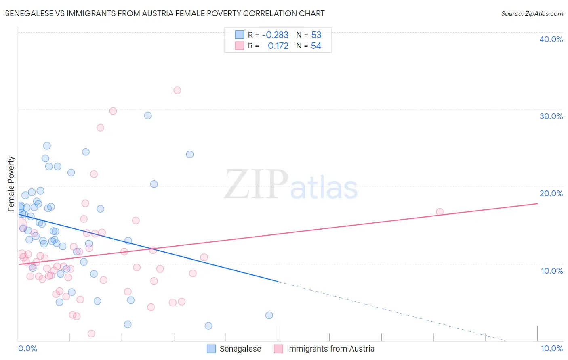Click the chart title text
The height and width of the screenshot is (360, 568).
165,13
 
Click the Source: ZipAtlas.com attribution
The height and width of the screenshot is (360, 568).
532,14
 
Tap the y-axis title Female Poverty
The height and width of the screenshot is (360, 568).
11,184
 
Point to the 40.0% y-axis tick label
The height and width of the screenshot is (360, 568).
551,39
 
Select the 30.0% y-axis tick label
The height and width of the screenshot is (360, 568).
551,116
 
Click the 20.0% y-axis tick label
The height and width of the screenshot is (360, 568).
551,193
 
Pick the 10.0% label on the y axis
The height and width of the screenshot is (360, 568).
552,271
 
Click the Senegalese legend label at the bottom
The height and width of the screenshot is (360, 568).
240,349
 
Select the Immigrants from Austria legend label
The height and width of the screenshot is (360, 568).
330,349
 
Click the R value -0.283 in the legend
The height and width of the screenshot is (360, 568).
275,35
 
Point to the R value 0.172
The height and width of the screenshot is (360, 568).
278,46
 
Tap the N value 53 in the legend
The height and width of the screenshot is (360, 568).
316,35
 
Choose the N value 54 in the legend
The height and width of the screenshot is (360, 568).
316,46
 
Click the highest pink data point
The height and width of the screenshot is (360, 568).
177,90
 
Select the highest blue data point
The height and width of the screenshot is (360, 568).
148,115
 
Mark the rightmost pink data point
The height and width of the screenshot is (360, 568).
440,212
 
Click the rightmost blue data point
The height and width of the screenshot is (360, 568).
269,315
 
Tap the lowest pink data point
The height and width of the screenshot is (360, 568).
91,333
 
